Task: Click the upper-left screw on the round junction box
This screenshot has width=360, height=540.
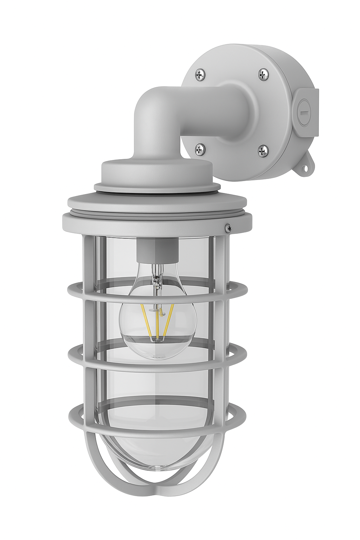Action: click(x=200, y=75)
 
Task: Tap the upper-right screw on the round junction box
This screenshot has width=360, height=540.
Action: click(x=263, y=74)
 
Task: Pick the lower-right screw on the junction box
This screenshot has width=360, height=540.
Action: click(x=263, y=151)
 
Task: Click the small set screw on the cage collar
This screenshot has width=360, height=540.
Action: click(x=229, y=229)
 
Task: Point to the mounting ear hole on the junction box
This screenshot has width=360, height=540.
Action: click(x=306, y=168)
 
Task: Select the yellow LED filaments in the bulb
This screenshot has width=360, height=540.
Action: click(x=157, y=322)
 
